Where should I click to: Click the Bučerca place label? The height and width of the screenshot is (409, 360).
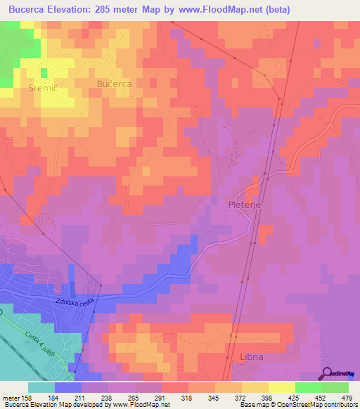(114, 83)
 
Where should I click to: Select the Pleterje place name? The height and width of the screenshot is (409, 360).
(245, 204)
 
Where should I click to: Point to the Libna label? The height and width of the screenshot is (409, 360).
(251, 357)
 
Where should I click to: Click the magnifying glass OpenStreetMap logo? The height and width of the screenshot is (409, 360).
(328, 372)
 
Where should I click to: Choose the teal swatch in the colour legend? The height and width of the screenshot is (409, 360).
(41, 387)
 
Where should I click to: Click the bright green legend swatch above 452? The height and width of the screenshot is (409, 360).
(309, 387)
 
